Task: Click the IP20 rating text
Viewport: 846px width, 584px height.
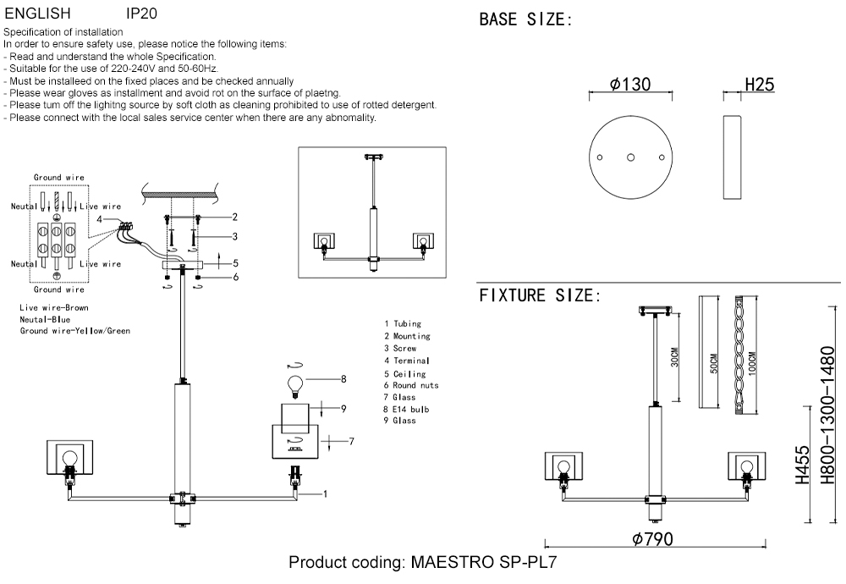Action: tap(140, 14)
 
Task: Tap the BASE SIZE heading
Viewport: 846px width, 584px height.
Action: tap(525, 19)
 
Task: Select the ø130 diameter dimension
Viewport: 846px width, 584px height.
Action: tap(630, 85)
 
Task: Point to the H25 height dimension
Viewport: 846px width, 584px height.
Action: tap(759, 85)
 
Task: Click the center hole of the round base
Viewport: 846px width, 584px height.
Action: tap(630, 157)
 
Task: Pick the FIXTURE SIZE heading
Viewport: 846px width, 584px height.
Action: tap(540, 295)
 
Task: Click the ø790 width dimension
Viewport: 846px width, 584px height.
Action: tap(653, 540)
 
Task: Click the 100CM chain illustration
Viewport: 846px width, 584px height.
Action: tap(740, 354)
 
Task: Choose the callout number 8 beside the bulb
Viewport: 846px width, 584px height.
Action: tap(344, 379)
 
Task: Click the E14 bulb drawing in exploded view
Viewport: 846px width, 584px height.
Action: tap(296, 385)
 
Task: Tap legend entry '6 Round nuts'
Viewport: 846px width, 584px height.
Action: tap(410, 385)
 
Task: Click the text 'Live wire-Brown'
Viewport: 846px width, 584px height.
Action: tap(54, 308)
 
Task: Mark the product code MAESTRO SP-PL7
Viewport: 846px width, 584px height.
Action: tap(423, 563)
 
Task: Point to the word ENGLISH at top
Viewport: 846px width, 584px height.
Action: tap(38, 14)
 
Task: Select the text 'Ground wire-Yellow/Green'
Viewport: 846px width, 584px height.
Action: tap(75, 331)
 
